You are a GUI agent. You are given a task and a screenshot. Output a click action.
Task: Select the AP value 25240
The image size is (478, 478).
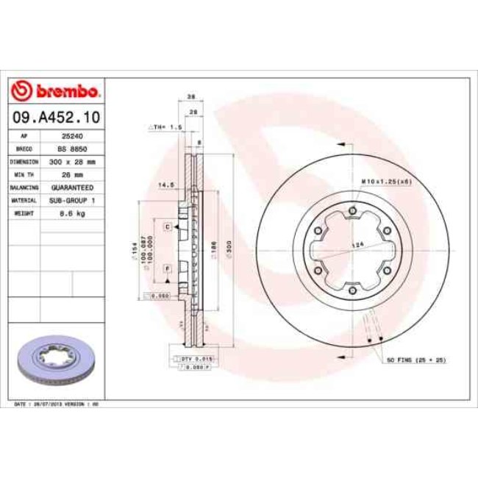[71, 136]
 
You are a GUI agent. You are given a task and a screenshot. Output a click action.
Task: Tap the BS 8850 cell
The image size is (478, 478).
[71, 149]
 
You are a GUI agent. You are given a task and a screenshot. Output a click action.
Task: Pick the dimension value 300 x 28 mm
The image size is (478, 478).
[71, 161]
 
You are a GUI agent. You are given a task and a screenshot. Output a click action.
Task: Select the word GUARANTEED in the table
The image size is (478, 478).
[71, 187]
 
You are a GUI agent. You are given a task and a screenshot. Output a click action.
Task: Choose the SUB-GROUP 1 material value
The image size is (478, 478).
[71, 199]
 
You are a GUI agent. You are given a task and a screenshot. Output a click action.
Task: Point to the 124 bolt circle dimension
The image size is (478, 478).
[359, 245]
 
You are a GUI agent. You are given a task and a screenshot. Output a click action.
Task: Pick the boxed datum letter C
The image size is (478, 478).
[168, 227]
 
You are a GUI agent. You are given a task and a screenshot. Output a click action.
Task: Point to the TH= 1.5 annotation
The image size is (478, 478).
[166, 127]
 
